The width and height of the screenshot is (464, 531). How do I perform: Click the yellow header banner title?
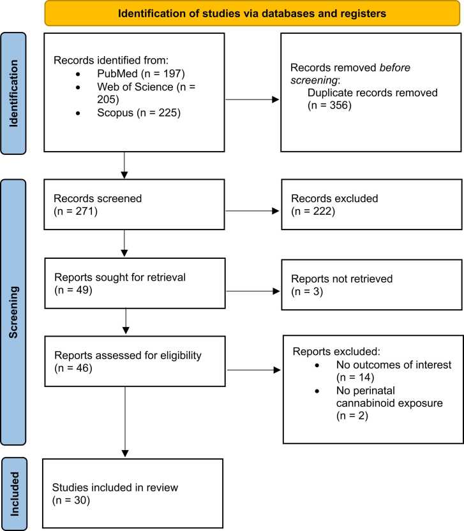(x=252, y=13)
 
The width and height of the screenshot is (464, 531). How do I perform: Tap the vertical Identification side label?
(x=13, y=94)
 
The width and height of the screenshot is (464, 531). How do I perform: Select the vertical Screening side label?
(x=13, y=312)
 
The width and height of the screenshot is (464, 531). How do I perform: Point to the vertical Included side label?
(x=14, y=494)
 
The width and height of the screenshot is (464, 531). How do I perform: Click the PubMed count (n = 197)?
(x=163, y=73)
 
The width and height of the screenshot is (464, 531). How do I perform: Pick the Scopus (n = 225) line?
(x=138, y=112)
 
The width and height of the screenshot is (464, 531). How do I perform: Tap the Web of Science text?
(x=135, y=87)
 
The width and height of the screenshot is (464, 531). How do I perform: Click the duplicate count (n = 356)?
(x=329, y=105)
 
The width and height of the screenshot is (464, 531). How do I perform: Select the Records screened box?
(x=134, y=205)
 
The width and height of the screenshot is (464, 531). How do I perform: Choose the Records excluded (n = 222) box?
(x=371, y=205)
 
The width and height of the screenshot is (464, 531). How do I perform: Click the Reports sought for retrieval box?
(x=135, y=284)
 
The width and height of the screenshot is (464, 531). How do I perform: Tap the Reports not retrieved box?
(x=371, y=285)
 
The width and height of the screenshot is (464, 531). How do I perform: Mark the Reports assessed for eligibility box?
(x=135, y=361)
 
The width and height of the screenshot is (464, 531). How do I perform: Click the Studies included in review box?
(x=133, y=493)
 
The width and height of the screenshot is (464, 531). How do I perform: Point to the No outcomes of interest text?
(x=394, y=365)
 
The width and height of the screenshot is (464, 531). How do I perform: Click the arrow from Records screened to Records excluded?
(x=252, y=211)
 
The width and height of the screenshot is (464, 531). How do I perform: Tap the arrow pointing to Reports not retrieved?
(x=253, y=291)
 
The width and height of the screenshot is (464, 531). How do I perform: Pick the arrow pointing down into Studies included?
(x=125, y=422)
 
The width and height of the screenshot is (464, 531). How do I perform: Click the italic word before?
(x=395, y=68)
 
